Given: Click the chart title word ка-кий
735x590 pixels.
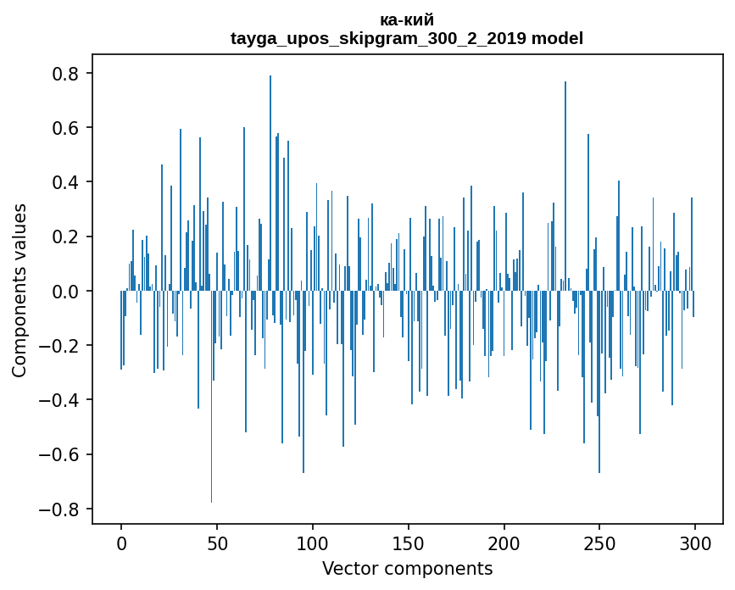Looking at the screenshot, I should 407,20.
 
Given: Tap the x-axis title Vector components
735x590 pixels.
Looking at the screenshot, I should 407,568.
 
